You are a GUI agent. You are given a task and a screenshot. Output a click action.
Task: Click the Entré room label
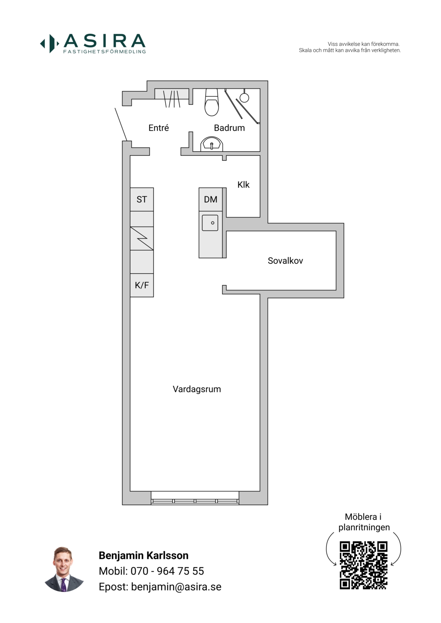(x=159, y=128)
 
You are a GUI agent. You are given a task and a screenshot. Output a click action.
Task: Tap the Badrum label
(x=229, y=128)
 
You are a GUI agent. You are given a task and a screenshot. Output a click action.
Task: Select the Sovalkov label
(x=285, y=261)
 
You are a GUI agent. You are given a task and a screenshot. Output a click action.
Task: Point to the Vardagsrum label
(x=197, y=389)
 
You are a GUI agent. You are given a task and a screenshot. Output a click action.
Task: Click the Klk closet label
(x=243, y=185)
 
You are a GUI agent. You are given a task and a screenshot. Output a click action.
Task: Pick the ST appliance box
(x=142, y=200)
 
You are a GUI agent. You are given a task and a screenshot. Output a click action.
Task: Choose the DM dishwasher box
(x=211, y=200)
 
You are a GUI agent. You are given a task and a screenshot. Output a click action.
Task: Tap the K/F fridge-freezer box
(x=142, y=285)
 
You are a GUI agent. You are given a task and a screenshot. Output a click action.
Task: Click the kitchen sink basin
(x=210, y=223)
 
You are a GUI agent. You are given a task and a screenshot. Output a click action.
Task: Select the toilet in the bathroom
(x=212, y=102)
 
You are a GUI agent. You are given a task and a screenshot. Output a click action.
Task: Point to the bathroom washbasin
(x=212, y=144)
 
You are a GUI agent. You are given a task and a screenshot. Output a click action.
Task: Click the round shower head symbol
(x=244, y=98)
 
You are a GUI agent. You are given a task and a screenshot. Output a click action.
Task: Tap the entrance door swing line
(x=121, y=125)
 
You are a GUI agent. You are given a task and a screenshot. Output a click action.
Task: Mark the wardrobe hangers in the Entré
(x=172, y=99)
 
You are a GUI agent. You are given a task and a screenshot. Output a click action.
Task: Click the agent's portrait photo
(x=64, y=569)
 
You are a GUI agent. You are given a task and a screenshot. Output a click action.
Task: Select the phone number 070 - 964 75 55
(x=167, y=571)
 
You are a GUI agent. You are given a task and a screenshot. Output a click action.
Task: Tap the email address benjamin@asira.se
(x=176, y=587)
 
